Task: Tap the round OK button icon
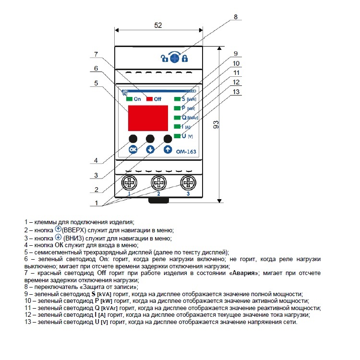point(133,149)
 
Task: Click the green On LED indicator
point(130,99)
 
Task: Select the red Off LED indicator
point(149,99)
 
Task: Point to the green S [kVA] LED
point(177,99)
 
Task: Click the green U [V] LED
point(177,136)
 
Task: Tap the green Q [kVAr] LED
point(177,118)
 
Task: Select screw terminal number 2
point(159,182)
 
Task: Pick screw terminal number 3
point(188,182)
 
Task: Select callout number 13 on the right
point(236,92)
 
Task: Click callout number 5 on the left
point(96,83)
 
